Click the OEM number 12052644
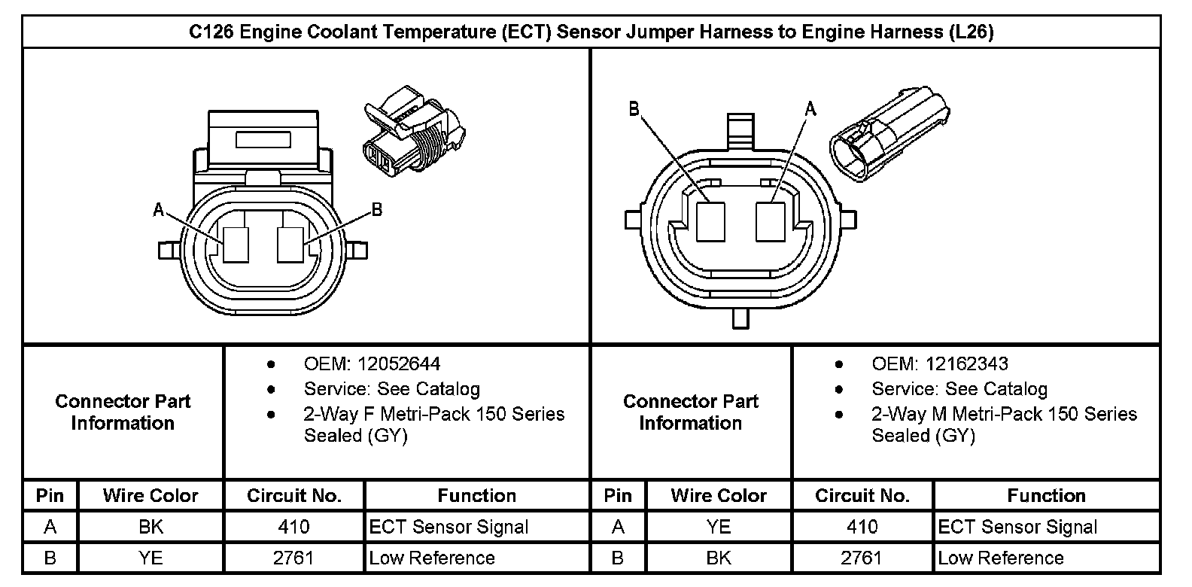[399, 364]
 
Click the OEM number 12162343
[966, 364]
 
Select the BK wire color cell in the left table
[151, 527]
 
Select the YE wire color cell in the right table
[719, 527]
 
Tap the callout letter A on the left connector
[158, 210]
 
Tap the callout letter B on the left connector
[377, 210]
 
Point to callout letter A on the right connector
[810, 109]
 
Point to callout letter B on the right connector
[634, 109]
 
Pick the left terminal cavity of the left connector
[236, 245]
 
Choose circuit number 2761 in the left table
[293, 558]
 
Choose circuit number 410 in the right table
[862, 527]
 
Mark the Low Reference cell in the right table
[1000, 558]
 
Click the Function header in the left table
[477, 495]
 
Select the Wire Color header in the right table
[719, 495]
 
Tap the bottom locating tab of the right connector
[741, 318]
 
